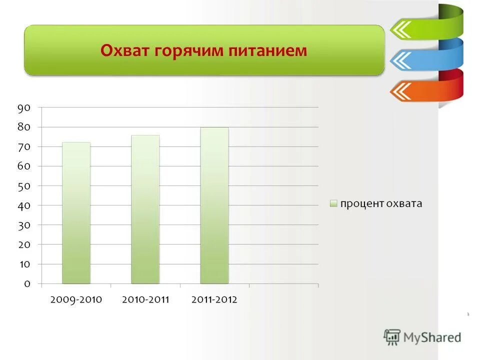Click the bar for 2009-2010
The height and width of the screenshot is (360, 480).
tap(76, 212)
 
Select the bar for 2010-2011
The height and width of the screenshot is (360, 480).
tap(145, 209)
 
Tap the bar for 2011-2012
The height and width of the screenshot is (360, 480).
tap(214, 205)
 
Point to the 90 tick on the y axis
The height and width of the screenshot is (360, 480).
tap(24, 107)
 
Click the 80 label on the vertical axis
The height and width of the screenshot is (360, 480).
tap(24, 127)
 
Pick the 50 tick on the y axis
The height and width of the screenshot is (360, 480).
tap(24, 185)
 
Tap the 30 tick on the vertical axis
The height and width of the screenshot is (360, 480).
tap(24, 225)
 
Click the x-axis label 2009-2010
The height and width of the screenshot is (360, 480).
tap(76, 299)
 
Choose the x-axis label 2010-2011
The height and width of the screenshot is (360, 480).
tap(145, 299)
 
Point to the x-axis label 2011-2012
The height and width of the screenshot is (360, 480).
tap(214, 299)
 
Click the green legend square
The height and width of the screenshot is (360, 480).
tap(333, 204)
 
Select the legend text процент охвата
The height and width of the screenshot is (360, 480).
tap(381, 204)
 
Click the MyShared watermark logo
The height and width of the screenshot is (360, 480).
tap(422, 337)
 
